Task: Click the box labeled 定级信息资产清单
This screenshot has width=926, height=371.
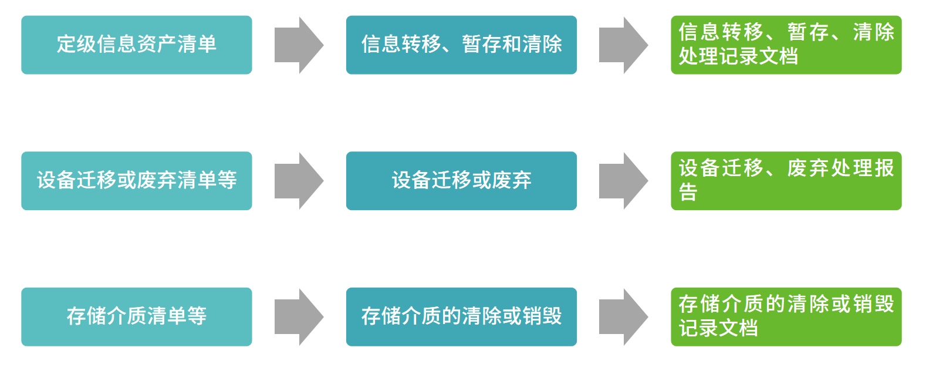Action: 136,45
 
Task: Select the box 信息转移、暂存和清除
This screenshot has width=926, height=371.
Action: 461,45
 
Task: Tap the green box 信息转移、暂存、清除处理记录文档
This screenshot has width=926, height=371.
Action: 786,45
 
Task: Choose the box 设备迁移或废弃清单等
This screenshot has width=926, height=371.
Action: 136,181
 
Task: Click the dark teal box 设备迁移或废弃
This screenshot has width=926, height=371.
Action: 461,181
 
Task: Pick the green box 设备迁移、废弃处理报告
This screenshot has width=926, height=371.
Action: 786,181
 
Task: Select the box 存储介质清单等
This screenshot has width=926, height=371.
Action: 136,317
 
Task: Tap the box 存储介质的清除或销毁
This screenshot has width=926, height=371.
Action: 461,317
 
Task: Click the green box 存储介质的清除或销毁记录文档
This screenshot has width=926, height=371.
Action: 786,317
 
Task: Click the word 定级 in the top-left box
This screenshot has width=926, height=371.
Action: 76,45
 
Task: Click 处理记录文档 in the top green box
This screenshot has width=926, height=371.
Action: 738,57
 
